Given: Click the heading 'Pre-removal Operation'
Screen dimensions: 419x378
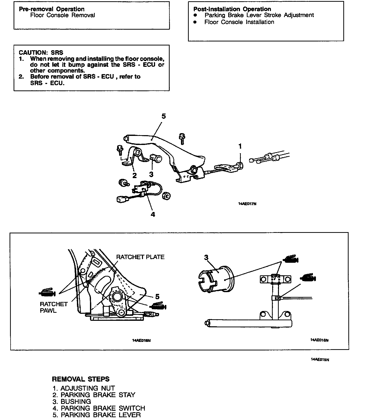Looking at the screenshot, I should [52, 9].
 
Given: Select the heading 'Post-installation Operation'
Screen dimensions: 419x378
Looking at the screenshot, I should [232, 9].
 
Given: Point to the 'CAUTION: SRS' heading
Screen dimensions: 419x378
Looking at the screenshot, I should [41, 53].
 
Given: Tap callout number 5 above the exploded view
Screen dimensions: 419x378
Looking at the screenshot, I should [164, 116].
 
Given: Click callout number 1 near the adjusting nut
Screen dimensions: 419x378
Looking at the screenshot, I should [240, 146].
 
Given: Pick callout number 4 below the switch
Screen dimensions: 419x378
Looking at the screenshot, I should [153, 214].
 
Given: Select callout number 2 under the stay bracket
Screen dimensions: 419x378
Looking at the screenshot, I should [134, 175].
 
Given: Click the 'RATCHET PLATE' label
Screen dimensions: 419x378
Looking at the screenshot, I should [140, 257].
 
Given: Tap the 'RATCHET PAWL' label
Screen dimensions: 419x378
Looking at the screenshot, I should [54, 307].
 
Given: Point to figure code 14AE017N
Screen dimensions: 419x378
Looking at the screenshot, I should [247, 204].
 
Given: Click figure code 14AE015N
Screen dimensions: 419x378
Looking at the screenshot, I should [320, 359].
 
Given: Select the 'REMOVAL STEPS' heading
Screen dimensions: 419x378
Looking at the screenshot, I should [81, 379].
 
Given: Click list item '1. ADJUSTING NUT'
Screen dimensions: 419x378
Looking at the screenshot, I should [84, 388].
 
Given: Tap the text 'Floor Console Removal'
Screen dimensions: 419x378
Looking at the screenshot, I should [63, 15].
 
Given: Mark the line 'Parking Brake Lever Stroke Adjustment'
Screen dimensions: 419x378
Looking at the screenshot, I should [259, 15].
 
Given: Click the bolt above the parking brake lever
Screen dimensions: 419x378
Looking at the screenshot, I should [182, 138].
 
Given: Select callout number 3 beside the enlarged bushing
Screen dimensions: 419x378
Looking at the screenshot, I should [206, 257].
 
